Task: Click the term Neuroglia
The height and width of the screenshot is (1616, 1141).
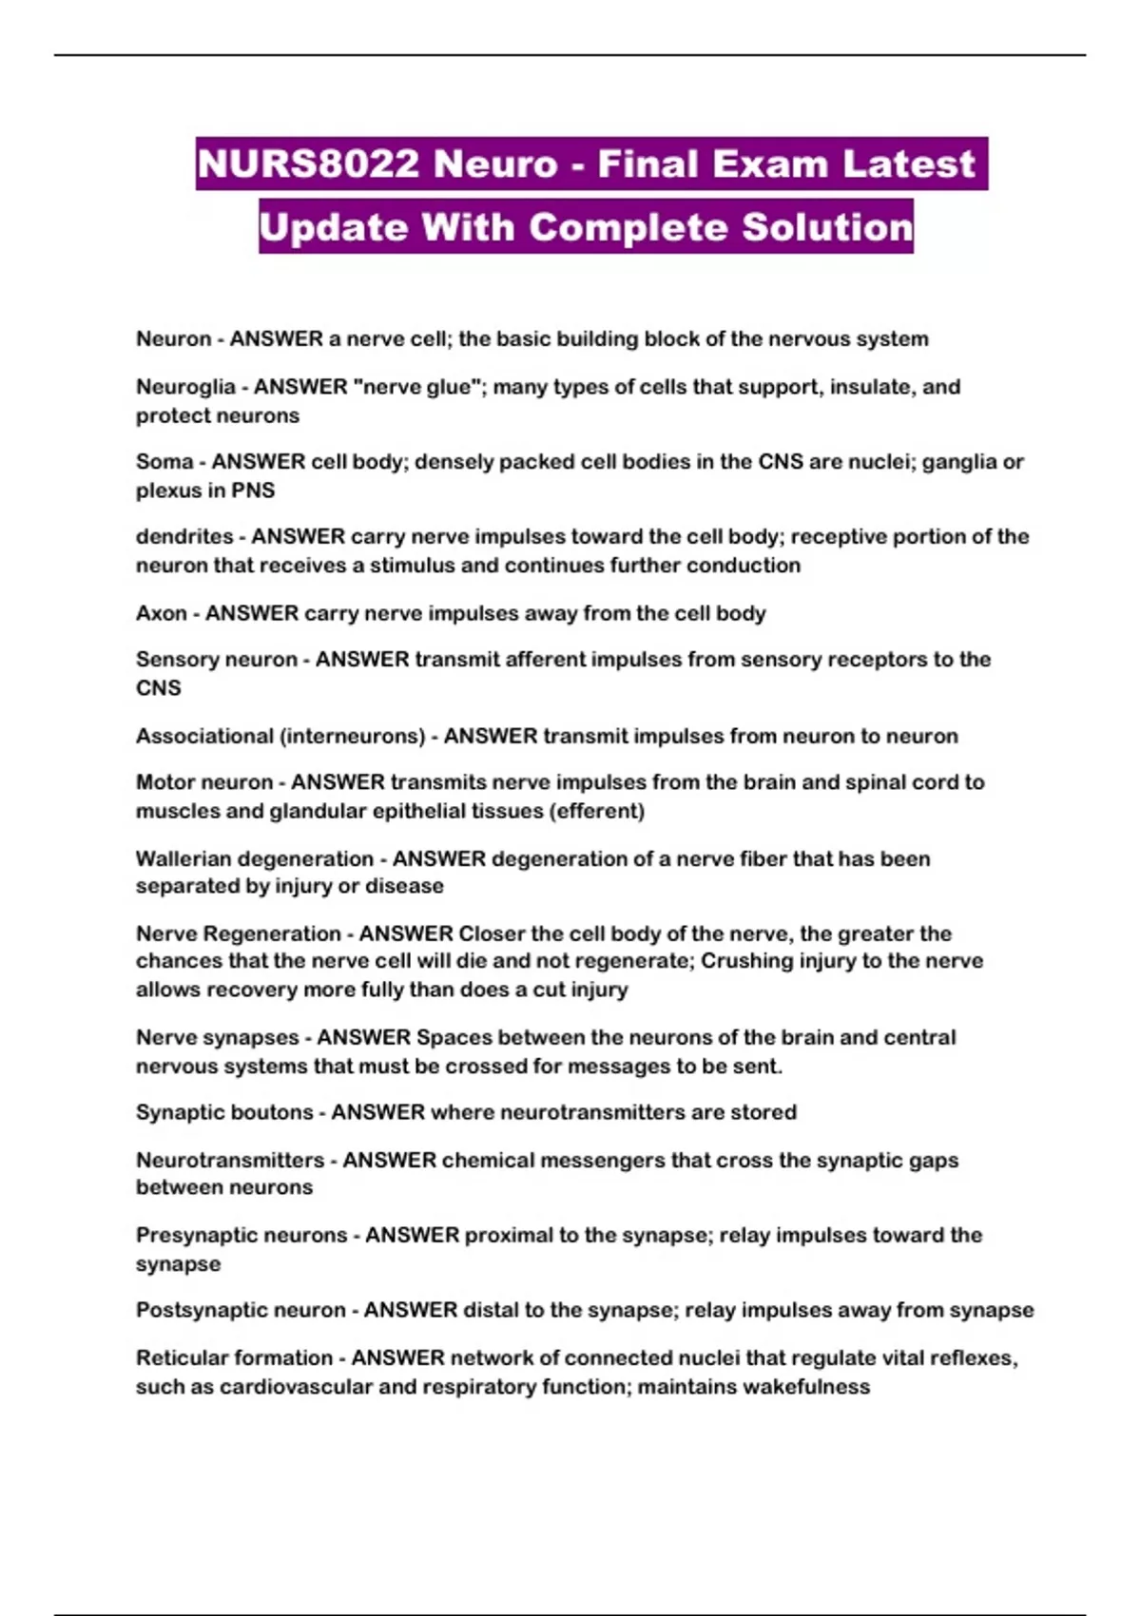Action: [x=185, y=387]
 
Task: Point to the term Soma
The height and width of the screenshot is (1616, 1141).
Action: [x=164, y=462]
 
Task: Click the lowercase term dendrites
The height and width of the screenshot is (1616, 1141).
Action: [x=184, y=537]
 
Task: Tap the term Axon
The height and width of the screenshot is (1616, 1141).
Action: [x=161, y=613]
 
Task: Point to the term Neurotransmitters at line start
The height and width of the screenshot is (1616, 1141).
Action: [x=230, y=1161]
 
